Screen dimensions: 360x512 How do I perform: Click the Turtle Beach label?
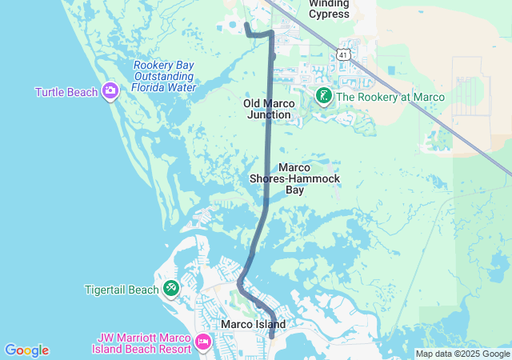tap(66, 92)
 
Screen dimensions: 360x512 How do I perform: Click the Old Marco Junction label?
tap(268, 109)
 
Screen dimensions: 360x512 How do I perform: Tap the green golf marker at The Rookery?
tap(324, 98)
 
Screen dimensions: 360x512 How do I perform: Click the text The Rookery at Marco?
tap(390, 98)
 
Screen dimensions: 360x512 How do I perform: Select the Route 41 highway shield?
tap(342, 54)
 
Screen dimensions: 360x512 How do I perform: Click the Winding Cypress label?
tap(329, 9)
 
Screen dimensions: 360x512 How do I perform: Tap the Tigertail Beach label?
tap(122, 290)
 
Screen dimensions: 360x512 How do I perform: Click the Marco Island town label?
tap(253, 324)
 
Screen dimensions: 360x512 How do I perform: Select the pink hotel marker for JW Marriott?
tap(203, 343)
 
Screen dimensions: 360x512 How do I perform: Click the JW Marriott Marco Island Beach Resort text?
tap(142, 343)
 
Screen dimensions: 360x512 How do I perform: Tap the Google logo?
tap(26, 350)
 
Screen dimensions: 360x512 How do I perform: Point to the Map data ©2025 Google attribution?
tap(462, 354)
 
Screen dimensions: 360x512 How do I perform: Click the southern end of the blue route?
tap(271, 335)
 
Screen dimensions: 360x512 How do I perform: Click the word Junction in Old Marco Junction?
tap(269, 115)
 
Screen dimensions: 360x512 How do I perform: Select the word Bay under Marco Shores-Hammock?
tap(294, 190)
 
